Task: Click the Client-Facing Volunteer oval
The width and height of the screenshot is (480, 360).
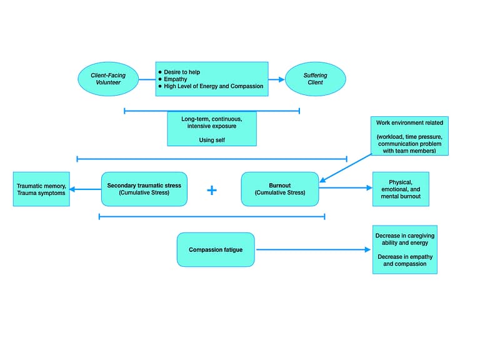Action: [x=108, y=79]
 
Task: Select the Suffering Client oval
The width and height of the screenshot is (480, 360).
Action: [x=315, y=79]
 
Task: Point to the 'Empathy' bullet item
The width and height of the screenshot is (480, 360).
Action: [x=175, y=79]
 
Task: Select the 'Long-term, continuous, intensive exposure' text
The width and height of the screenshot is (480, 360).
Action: [x=211, y=122]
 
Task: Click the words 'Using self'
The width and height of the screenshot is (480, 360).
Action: [x=211, y=140]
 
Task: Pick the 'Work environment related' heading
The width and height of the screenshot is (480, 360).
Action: [x=409, y=122]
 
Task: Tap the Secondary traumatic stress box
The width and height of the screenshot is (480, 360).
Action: [x=144, y=189]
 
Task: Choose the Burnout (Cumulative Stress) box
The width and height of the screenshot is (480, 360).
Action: [x=279, y=189]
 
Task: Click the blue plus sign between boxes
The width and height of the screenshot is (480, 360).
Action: [x=212, y=190]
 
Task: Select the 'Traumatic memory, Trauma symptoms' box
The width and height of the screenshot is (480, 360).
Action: [x=41, y=189]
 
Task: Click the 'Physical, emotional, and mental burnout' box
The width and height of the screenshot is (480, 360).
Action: [x=401, y=189]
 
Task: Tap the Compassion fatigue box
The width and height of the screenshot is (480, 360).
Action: [x=216, y=249]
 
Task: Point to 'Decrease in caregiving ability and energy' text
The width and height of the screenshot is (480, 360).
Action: [x=404, y=239]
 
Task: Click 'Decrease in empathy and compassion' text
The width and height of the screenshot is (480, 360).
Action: [x=404, y=260]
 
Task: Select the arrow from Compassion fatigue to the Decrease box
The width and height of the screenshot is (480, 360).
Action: [x=312, y=249]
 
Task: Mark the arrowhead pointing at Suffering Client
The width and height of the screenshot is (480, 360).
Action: [x=281, y=79]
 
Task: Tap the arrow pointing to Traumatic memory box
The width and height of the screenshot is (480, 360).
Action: [x=85, y=189]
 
